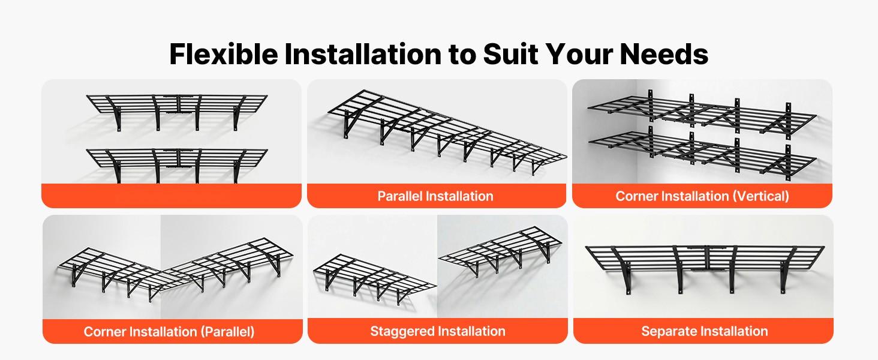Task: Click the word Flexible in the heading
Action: (223, 54)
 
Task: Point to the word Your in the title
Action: (587, 54)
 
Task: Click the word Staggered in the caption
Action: (402, 331)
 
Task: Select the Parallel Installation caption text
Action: (435, 196)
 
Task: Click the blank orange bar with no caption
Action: (171, 196)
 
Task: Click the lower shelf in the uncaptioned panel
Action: (177, 158)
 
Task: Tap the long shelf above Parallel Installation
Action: (444, 129)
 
